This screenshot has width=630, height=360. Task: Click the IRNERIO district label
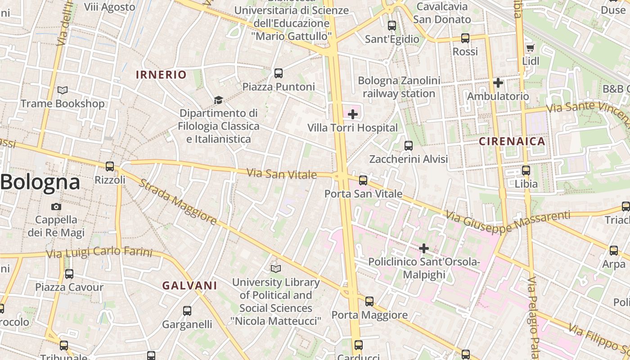(161, 75)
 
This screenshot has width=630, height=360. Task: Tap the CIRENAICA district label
(512, 141)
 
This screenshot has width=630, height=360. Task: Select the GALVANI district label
(189, 285)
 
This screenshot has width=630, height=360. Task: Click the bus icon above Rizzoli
(110, 166)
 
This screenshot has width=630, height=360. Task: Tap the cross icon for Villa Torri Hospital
(353, 114)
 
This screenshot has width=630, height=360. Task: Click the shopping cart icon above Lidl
(530, 48)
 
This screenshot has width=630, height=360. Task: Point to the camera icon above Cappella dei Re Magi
(56, 207)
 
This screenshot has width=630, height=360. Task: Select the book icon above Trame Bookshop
(63, 90)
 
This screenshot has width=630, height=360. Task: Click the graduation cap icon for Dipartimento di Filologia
(218, 100)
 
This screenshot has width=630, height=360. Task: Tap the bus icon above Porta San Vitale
(363, 180)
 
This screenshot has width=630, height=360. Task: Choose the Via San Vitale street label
(282, 174)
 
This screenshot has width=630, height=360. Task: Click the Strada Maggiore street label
(178, 202)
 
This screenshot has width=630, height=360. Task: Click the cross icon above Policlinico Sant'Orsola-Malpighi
(423, 248)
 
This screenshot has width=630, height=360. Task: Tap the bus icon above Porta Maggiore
(369, 301)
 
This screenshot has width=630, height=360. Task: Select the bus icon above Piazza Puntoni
(279, 73)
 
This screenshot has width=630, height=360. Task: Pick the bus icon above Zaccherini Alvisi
(409, 146)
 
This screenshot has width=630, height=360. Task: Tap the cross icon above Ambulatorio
(498, 83)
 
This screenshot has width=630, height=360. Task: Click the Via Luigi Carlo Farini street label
(99, 252)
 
